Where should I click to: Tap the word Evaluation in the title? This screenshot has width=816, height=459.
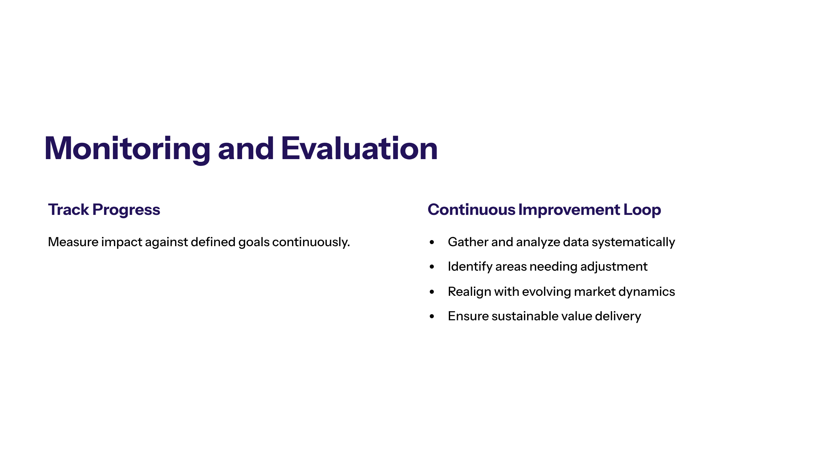point(359,149)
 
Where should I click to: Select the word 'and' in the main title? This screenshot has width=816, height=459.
point(245,149)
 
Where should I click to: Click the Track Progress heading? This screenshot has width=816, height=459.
point(104,210)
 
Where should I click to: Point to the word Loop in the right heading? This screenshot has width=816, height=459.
point(642,210)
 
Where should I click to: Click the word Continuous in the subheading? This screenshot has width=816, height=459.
point(471,210)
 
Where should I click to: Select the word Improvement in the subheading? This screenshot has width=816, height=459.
point(569,210)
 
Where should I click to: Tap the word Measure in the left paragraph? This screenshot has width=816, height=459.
point(73,242)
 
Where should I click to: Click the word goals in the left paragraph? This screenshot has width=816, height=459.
point(254,242)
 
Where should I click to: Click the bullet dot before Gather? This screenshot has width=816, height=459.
point(432,242)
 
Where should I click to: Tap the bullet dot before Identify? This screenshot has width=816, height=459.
point(432,267)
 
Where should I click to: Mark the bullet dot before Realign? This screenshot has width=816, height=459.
point(432,292)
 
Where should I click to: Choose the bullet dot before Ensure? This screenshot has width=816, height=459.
point(432,317)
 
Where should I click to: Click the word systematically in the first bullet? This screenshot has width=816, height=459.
point(633,242)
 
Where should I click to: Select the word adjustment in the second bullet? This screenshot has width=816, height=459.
point(613,267)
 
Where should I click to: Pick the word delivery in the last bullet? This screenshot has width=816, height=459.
point(618,316)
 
